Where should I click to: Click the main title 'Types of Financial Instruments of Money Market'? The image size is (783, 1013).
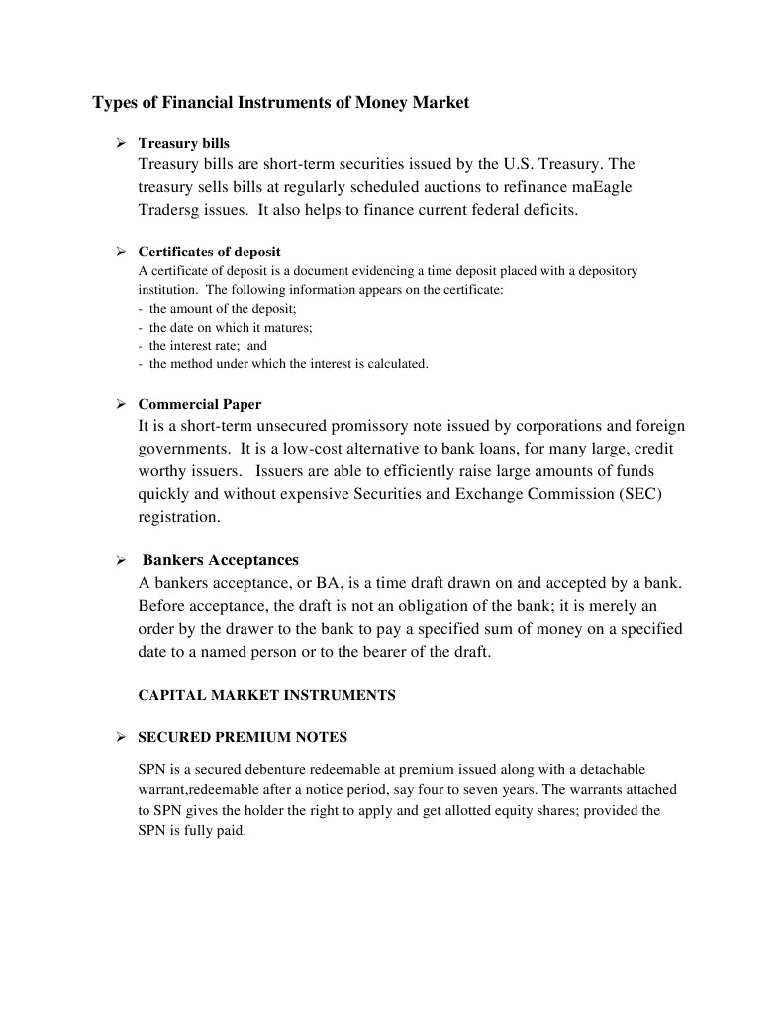click(280, 102)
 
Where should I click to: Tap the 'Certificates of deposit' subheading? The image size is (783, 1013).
click(209, 252)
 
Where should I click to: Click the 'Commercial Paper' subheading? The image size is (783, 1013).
click(199, 404)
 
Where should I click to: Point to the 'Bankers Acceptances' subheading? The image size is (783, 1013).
click(221, 560)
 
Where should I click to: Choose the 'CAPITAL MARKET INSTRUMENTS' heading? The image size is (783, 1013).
click(266, 695)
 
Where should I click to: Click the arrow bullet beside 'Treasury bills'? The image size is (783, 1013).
click(120, 144)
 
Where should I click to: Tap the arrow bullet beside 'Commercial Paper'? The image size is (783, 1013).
click(120, 404)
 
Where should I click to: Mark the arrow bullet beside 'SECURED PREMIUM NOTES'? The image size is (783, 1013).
click(120, 738)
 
